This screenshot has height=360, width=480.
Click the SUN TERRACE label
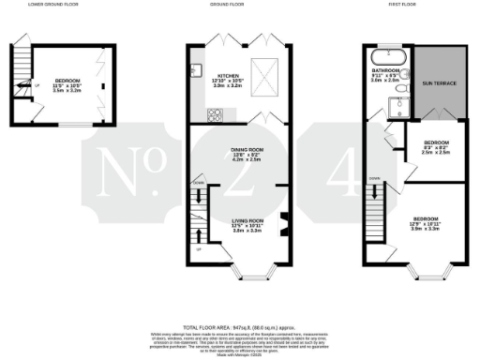point(442,83)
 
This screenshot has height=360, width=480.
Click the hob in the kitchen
point(216,115)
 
